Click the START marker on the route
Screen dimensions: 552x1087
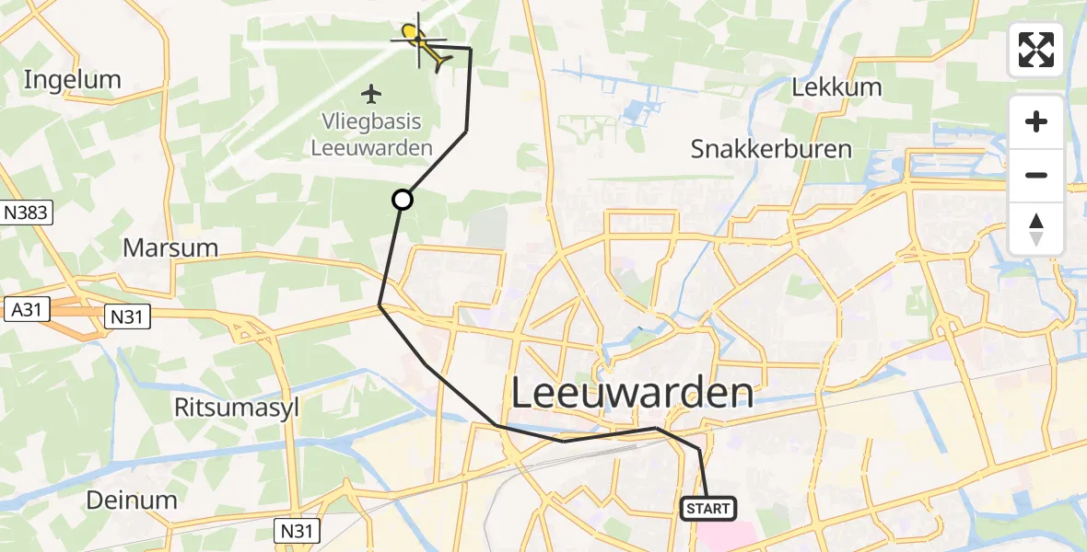tap(708, 508)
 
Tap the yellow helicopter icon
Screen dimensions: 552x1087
tap(422, 44)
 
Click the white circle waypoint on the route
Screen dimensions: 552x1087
tap(403, 199)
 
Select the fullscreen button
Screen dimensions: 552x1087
tap(1036, 50)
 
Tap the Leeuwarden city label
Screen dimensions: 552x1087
tap(631, 394)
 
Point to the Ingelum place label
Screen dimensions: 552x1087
tap(72, 80)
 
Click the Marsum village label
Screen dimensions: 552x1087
tap(170, 247)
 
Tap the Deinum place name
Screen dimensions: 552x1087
tap(131, 500)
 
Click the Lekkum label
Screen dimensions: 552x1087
tap(836, 88)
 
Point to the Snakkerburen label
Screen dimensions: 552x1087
tap(771, 149)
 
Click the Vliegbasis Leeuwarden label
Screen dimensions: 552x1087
tap(372, 135)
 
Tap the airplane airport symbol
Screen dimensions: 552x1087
tap(371, 94)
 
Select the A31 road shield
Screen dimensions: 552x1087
tap(26, 311)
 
